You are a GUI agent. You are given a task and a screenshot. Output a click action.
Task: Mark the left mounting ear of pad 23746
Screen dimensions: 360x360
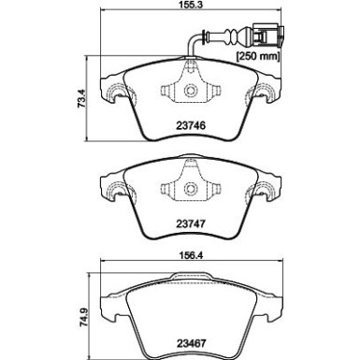[114, 94]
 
